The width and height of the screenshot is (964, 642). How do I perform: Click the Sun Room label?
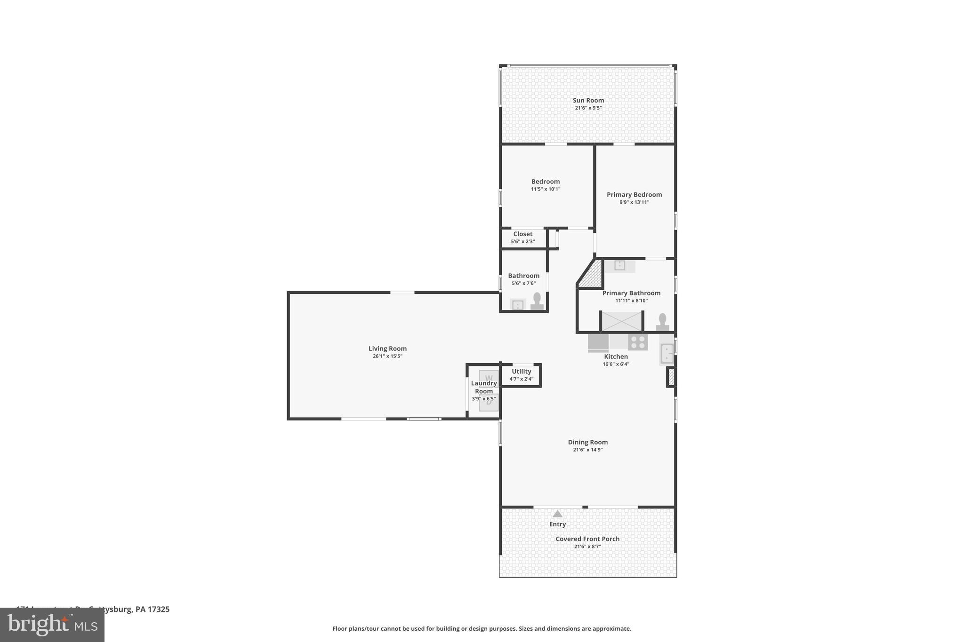click(588, 100)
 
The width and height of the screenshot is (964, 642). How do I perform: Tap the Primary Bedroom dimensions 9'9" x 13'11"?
click(634, 202)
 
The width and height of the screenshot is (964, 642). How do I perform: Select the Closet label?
click(522, 234)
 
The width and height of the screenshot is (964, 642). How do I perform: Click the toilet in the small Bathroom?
click(537, 301)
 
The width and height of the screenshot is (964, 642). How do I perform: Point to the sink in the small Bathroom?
click(517, 305)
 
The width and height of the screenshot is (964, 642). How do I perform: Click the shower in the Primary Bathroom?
click(621, 321)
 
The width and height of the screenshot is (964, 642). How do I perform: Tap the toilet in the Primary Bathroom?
click(663, 322)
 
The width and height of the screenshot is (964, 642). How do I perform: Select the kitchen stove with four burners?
click(638, 342)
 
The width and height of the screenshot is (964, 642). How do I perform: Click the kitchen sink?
click(667, 353)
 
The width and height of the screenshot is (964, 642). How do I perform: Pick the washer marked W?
click(489, 377)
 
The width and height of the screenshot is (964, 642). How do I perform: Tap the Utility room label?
click(521, 372)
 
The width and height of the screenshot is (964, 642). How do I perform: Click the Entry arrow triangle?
click(557, 514)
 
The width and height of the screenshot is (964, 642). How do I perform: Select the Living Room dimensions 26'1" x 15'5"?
click(387, 356)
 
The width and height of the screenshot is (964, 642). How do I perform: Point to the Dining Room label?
click(587, 442)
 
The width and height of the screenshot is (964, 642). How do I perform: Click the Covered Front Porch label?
click(587, 539)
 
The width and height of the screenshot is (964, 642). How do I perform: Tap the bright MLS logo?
click(52, 625)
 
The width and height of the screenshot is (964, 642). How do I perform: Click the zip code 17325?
click(159, 609)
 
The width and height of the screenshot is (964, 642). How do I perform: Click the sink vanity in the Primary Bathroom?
click(619, 266)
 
